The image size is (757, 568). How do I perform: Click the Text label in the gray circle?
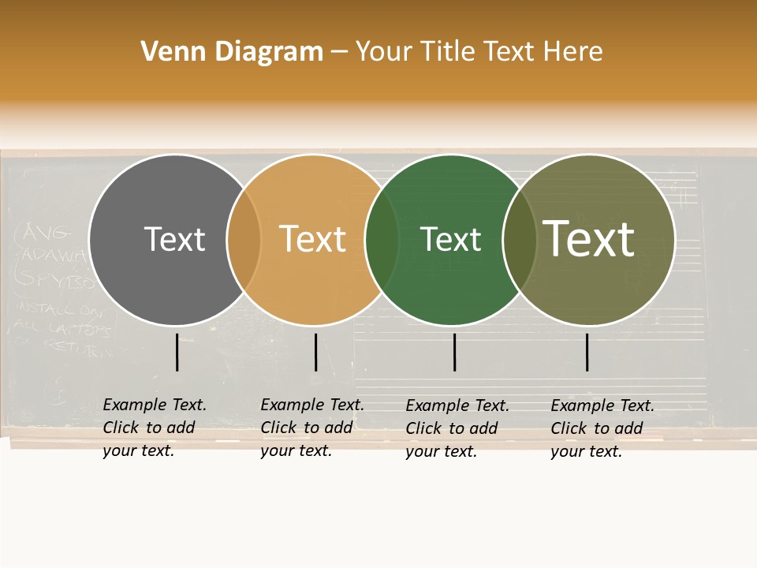174,239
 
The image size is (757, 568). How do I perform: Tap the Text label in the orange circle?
313,239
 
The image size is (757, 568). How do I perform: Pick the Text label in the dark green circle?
450,239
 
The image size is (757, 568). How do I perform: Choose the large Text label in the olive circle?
589,239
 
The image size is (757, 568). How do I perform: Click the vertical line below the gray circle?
177,352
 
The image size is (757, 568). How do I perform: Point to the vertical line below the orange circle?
315,352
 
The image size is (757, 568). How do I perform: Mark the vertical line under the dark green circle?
454,352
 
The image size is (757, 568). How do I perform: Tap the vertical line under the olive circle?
587,352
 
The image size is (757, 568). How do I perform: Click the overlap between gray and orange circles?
244,239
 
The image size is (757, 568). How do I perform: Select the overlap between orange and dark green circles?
382,239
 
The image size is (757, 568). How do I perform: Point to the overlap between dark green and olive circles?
520,239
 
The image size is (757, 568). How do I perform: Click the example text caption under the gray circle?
155,428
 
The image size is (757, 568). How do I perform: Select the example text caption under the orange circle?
312,428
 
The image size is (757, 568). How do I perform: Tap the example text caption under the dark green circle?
457,428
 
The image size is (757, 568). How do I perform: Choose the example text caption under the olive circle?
602,428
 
